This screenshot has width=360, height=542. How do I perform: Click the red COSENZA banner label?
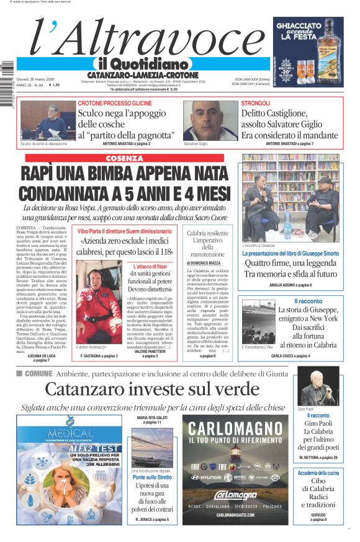(x=124, y=158)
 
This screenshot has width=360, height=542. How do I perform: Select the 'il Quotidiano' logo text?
(x=142, y=64)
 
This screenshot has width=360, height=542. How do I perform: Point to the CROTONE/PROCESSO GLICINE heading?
(x=115, y=103)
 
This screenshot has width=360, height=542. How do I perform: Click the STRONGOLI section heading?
(x=256, y=103)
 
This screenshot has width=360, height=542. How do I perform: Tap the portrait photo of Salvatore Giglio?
(x=210, y=120)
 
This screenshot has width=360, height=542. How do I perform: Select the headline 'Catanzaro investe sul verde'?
(x=152, y=389)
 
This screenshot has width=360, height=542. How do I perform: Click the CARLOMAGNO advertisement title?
(x=235, y=428)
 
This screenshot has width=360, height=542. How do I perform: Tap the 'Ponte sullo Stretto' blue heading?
(x=152, y=478)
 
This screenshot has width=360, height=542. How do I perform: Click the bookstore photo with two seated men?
(x=290, y=198)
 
